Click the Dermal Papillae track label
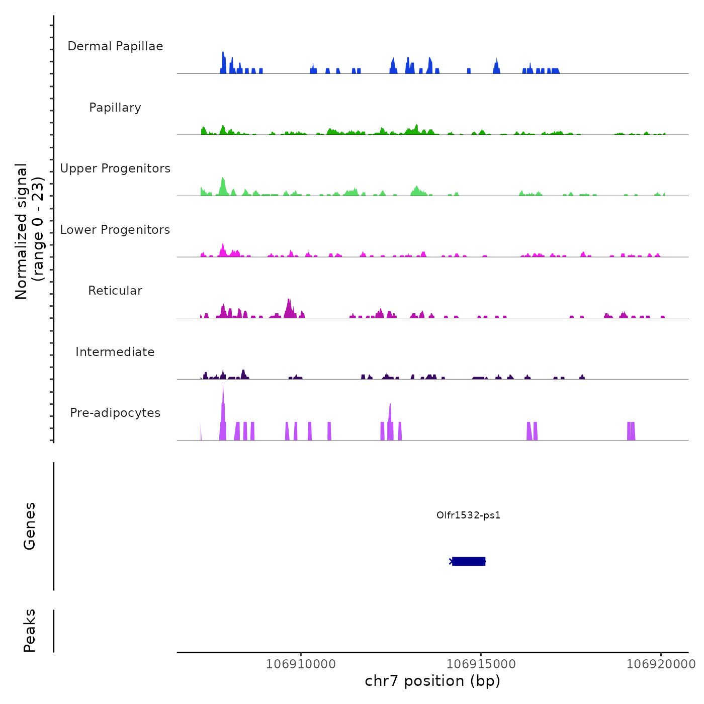(115, 46)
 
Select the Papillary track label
(115, 108)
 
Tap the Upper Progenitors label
(115, 168)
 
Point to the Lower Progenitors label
(115, 230)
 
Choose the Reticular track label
(115, 291)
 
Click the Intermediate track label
(115, 352)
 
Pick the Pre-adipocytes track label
(115, 413)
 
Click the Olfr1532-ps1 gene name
(468, 515)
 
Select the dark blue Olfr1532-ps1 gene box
(468, 561)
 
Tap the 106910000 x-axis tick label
(301, 664)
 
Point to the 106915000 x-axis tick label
(481, 664)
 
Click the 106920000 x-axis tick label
(661, 664)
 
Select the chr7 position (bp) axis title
(432, 681)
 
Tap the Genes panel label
(30, 526)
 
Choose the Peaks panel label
(30, 631)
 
